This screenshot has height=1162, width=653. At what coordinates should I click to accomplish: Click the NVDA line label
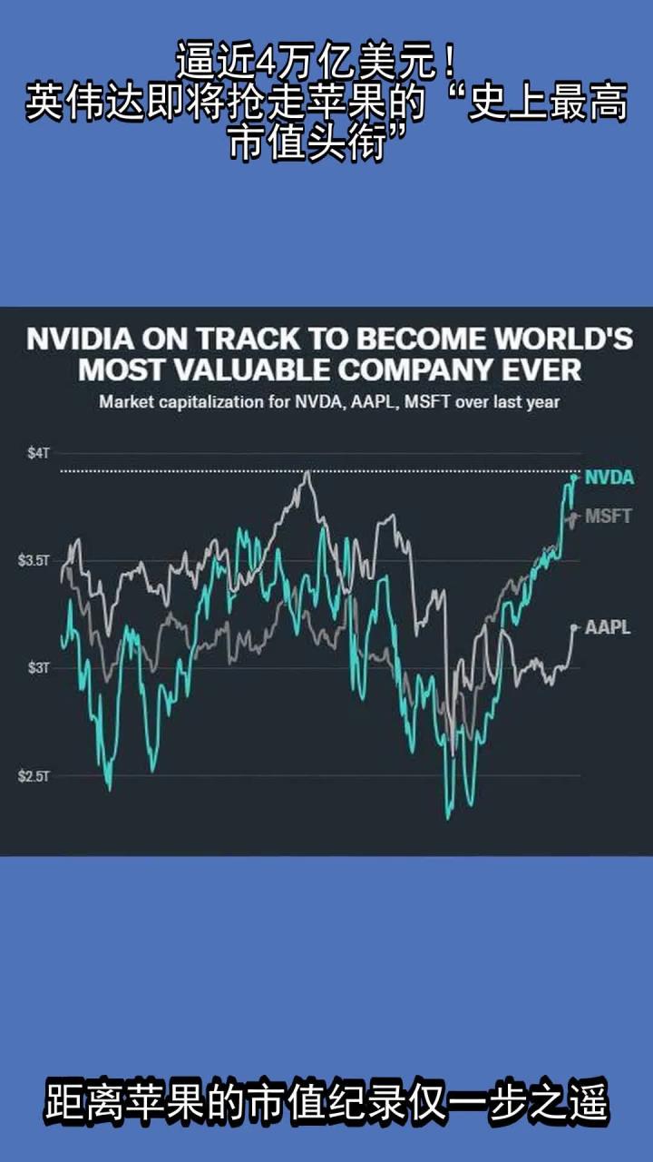click(x=609, y=478)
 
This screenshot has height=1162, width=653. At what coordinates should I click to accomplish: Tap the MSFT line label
click(x=608, y=517)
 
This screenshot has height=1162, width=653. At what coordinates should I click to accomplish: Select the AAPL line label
click(x=608, y=627)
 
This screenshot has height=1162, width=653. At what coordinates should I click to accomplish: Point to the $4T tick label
click(x=37, y=453)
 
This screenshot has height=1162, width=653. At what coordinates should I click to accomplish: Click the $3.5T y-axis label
click(x=34, y=561)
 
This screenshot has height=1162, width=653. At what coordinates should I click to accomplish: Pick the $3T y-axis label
click(x=37, y=668)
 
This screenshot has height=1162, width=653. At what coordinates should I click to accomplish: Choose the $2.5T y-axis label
click(x=34, y=776)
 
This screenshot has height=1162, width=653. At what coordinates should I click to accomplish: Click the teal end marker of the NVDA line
click(x=574, y=478)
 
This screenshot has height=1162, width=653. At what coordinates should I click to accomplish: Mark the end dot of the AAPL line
click(x=574, y=626)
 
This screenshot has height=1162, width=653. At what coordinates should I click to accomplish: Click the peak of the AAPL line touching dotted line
click(x=308, y=472)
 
